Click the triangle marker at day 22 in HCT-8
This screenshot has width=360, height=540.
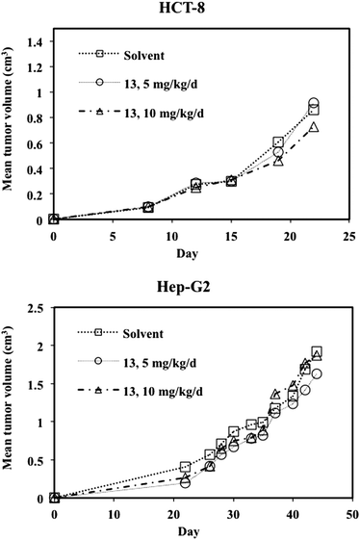point(314,127)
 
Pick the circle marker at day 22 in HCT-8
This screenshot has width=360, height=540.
point(314,103)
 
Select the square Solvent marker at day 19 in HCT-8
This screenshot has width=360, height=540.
point(278,141)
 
